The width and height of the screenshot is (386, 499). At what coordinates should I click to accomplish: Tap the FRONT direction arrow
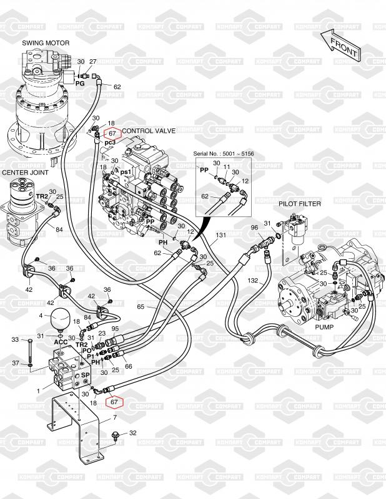click(340, 44)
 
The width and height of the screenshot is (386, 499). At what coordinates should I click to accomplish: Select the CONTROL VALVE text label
click(149, 131)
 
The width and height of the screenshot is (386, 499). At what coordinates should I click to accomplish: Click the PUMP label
click(324, 327)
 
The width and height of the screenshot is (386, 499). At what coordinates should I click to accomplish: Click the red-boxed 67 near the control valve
click(112, 133)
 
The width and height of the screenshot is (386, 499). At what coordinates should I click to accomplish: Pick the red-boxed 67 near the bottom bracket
click(114, 402)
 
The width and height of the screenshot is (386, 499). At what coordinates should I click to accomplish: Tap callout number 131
click(220, 236)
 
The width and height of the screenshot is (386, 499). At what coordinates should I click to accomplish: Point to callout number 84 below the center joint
click(59, 230)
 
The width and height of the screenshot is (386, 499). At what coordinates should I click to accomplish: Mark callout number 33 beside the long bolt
click(15, 340)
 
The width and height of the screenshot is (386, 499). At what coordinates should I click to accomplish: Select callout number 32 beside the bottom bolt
click(132, 432)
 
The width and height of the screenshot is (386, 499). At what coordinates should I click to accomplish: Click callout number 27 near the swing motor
click(92, 62)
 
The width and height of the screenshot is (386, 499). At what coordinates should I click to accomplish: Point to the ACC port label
click(61, 342)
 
